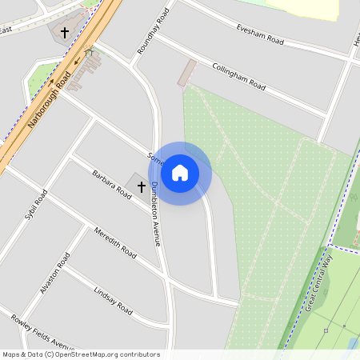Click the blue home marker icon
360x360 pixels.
click(180, 173)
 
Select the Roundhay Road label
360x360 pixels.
click(154, 30)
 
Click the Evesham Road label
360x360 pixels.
click(261, 34)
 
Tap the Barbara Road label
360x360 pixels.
click(111, 183)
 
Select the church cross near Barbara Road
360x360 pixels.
click(142, 187)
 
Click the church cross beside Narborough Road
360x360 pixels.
click(65, 33)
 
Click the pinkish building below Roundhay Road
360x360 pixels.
click(186, 72)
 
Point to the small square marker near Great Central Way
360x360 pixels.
click(326, 330)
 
